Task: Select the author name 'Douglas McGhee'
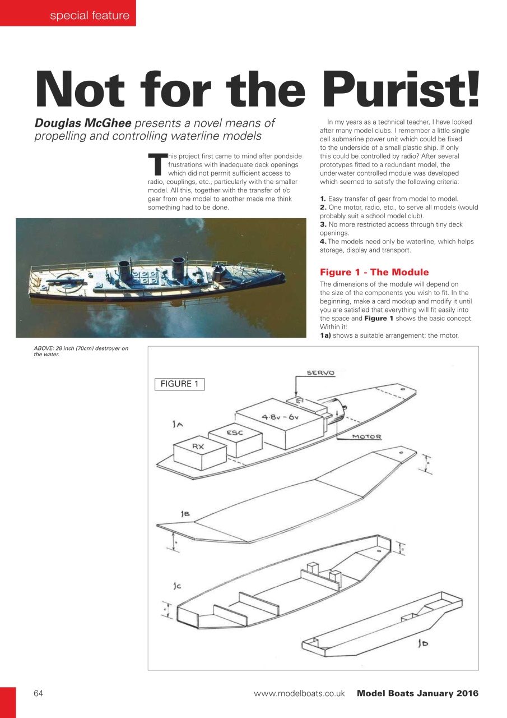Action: coord(83,123)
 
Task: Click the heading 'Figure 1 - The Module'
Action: coord(374,273)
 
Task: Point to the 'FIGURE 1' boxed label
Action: coord(179,384)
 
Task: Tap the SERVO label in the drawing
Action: coord(320,373)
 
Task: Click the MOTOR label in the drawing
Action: coord(366,437)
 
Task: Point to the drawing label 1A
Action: coord(178,425)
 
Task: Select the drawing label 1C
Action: coord(177,586)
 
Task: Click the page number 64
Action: coord(39,693)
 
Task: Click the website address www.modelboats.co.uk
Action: coord(299,693)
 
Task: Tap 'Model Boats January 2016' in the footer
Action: coord(417,693)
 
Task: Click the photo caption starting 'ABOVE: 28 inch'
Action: coord(81,351)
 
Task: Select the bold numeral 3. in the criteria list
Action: coord(323,224)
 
